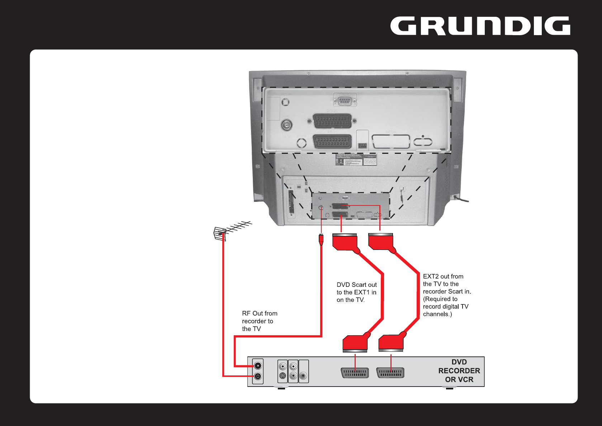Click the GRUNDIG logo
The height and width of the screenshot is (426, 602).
click(x=480, y=26)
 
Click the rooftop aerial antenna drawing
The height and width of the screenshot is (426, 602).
click(x=231, y=231)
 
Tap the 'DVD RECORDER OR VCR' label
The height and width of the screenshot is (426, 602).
click(x=459, y=371)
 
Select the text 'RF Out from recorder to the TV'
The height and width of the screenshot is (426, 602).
click(x=259, y=321)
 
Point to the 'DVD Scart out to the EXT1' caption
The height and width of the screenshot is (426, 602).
click(x=356, y=292)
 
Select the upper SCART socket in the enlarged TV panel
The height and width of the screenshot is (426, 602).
click(x=333, y=121)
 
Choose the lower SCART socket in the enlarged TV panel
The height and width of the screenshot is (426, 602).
click(x=333, y=141)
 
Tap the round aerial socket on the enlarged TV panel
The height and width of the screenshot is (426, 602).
click(x=286, y=125)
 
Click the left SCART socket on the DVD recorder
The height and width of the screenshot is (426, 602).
click(x=355, y=373)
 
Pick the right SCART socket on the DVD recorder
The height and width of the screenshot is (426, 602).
click(x=390, y=373)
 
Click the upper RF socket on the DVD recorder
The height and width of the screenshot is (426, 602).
click(x=257, y=366)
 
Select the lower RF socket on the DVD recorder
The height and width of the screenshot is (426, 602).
click(x=257, y=377)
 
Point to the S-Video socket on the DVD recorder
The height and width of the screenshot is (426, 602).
click(x=283, y=376)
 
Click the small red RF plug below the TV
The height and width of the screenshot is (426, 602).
click(x=321, y=239)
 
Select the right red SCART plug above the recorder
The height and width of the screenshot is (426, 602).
click(x=391, y=344)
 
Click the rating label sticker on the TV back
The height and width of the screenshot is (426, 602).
click(x=356, y=160)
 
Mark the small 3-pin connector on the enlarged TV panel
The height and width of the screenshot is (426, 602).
click(x=362, y=146)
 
